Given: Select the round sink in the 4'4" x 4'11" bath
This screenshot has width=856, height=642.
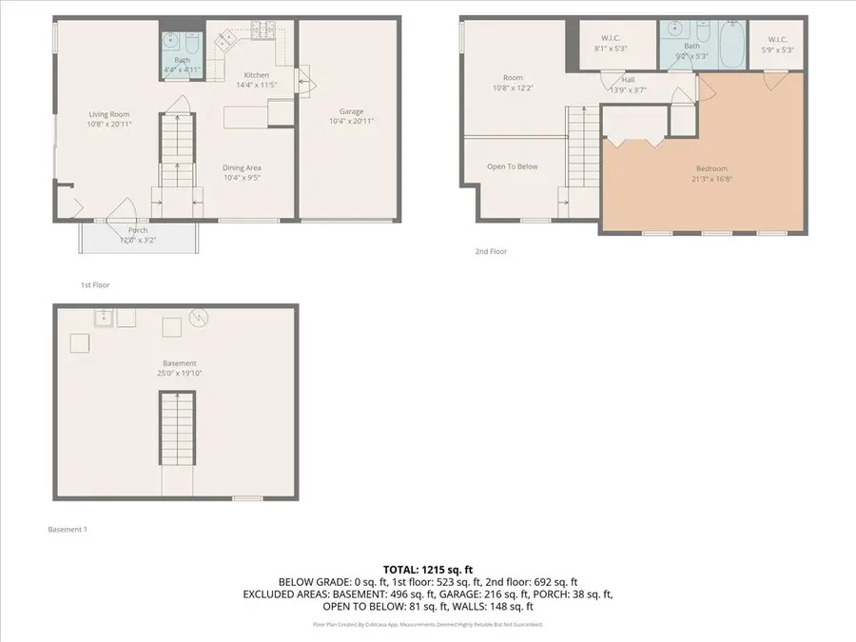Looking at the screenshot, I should [x=171, y=40].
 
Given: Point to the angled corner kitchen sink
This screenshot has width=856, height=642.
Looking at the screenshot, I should [x=225, y=40].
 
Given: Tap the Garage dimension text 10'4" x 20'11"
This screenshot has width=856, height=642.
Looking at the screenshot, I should [x=344, y=122].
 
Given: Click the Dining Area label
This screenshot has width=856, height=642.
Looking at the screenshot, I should [x=242, y=167].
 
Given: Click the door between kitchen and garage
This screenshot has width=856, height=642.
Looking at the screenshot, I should [x=304, y=81].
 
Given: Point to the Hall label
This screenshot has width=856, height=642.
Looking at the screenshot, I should [x=629, y=80].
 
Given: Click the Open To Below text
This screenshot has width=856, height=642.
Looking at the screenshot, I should [x=512, y=166].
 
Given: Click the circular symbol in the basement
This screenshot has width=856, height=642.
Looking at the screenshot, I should [x=199, y=319].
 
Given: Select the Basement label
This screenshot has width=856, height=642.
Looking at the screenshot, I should [x=179, y=363].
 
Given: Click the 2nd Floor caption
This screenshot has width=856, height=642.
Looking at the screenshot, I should [x=491, y=252].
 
